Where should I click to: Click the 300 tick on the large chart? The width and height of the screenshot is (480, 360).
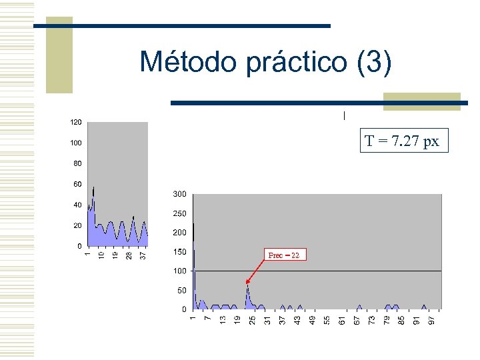click(179, 195)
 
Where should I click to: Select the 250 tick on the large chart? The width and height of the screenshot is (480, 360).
click(179, 214)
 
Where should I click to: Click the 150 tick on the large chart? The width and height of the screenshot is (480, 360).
click(179, 252)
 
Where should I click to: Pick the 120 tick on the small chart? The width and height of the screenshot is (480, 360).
click(76, 123)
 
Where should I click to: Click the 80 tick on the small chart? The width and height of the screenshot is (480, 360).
click(78, 163)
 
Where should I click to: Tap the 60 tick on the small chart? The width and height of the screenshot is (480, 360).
click(78, 184)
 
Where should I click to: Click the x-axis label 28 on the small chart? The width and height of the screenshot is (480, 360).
click(129, 255)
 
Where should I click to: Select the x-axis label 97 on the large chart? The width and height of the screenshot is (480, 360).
click(431, 320)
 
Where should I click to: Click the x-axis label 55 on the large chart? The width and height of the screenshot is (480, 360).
click(327, 320)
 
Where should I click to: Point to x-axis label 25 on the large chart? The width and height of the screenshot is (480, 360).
click(252, 320)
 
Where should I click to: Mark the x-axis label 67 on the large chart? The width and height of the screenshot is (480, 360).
click(357, 320)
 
